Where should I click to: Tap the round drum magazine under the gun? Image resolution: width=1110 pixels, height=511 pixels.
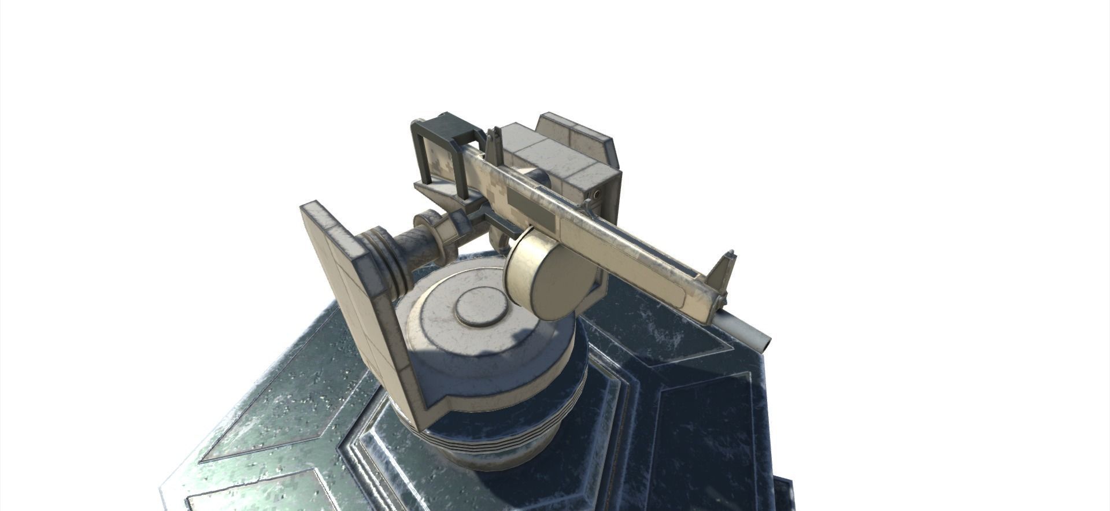(x=543, y=273)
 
